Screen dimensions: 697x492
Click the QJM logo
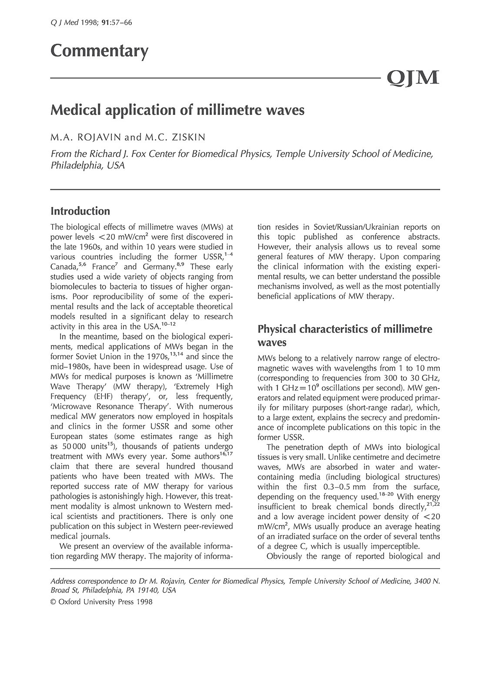(413, 78)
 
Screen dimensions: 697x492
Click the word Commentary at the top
(100, 51)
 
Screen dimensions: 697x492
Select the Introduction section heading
(80, 211)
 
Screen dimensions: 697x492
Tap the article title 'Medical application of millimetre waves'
(177, 110)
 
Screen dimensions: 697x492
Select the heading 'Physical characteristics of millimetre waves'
(345, 335)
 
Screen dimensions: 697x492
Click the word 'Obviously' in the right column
(284, 556)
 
